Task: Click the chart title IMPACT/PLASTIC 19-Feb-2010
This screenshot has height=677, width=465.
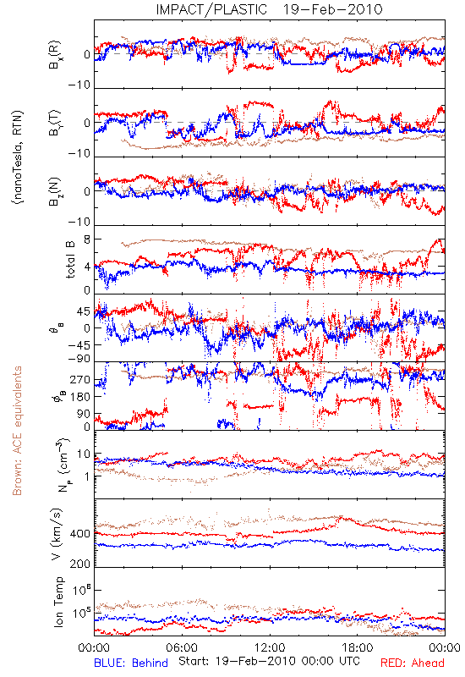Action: coord(269,9)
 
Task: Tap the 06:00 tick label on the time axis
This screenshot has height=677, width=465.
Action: coord(182,647)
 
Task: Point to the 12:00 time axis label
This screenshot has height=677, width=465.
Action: coord(270,647)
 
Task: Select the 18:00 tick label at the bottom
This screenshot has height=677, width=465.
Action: coord(358,647)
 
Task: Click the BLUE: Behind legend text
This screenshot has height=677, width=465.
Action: coord(131,663)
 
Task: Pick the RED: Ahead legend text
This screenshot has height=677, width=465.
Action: coord(412,663)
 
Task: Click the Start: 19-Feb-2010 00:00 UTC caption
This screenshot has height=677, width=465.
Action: coord(269,661)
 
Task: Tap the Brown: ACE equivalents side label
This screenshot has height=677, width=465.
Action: coord(17,431)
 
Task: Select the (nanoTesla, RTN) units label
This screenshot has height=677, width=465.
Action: coord(18,157)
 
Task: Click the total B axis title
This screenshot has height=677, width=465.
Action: coord(70,260)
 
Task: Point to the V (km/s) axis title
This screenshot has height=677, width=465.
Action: coord(57,534)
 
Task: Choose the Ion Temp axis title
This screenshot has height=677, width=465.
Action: coord(58,602)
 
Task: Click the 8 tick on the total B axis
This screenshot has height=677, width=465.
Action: coord(87,240)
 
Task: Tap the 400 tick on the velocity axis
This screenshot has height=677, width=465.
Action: coord(80,534)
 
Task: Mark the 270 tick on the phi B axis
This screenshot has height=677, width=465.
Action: coord(80,380)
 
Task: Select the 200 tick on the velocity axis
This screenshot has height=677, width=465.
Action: coord(80,564)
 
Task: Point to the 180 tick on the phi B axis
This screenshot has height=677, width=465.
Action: coord(80,397)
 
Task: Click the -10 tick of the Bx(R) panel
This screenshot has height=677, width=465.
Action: coord(79,85)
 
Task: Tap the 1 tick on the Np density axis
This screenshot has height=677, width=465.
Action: coord(88,476)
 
